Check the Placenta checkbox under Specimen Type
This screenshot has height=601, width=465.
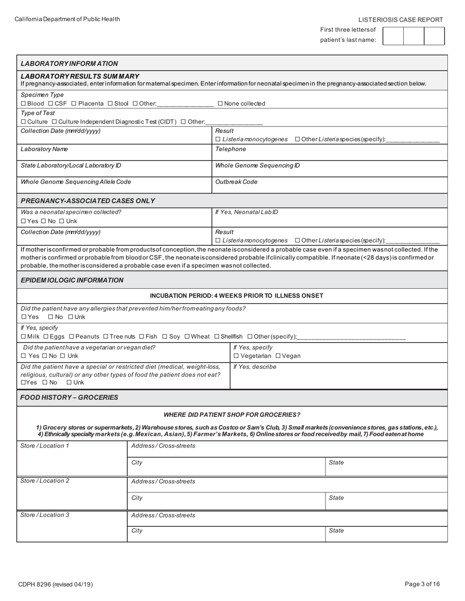74,104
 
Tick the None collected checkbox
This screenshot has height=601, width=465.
220,104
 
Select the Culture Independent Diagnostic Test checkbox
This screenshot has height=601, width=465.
54,122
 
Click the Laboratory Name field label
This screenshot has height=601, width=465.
44,149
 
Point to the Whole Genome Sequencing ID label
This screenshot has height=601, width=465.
257,166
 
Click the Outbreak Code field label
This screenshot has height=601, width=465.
236,182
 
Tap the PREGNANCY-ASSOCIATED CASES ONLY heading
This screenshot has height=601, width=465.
88,201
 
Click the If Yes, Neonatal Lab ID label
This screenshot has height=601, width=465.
246,212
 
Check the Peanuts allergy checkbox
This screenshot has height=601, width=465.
71,337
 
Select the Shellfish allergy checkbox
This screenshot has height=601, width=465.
217,337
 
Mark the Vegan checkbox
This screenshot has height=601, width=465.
279,356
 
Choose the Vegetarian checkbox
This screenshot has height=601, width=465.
236,356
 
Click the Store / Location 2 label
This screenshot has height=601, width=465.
45,481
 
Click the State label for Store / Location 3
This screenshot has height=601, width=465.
336,531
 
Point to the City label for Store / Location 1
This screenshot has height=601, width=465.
137,463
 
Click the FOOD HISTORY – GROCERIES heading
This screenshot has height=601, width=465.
69,398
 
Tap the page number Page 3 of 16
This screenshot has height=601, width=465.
422,584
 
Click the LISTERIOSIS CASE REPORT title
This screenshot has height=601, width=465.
400,20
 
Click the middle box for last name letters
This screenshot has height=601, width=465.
414,36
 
